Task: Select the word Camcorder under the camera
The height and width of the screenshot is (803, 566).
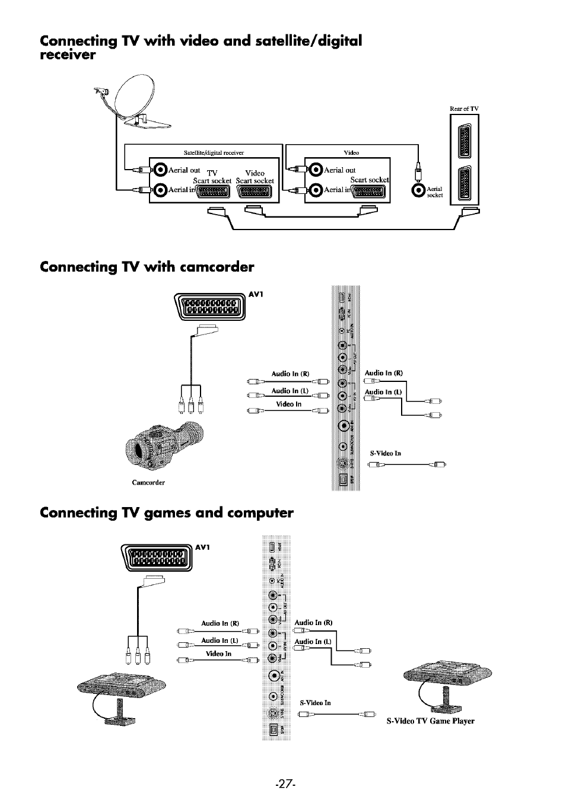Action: click(148, 482)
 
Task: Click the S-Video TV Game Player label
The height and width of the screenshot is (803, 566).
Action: click(430, 721)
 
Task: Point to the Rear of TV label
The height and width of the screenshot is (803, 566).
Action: click(463, 109)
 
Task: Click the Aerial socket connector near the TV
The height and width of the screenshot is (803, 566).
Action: click(419, 190)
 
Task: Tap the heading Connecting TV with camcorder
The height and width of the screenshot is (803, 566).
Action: click(147, 267)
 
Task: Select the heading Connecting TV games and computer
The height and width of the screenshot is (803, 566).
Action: click(167, 512)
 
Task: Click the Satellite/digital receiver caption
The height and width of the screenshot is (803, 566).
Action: click(214, 152)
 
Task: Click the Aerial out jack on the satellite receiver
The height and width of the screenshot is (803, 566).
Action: click(160, 170)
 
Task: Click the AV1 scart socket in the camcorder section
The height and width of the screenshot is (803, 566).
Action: click(211, 309)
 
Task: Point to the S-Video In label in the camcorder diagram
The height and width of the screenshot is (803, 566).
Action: click(385, 453)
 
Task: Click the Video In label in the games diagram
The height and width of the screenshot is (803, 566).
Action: click(218, 654)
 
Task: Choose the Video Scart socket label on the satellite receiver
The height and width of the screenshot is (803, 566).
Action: click(255, 177)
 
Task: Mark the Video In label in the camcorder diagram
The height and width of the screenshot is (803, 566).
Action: click(289, 404)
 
